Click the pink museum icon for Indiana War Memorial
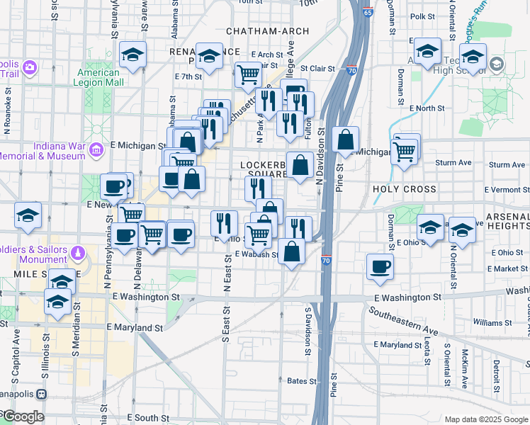pyautogui.click(x=98, y=149)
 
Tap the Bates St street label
pyautogui.click(x=302, y=381)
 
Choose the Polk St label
pyautogui.click(x=422, y=16)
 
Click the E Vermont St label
pyautogui.click(x=507, y=190)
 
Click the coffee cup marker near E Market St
pyautogui.click(x=380, y=267)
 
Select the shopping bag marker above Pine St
pyautogui.click(x=345, y=140)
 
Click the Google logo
pyautogui.click(x=23, y=416)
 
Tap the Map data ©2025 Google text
pyautogui.click(x=485, y=419)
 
